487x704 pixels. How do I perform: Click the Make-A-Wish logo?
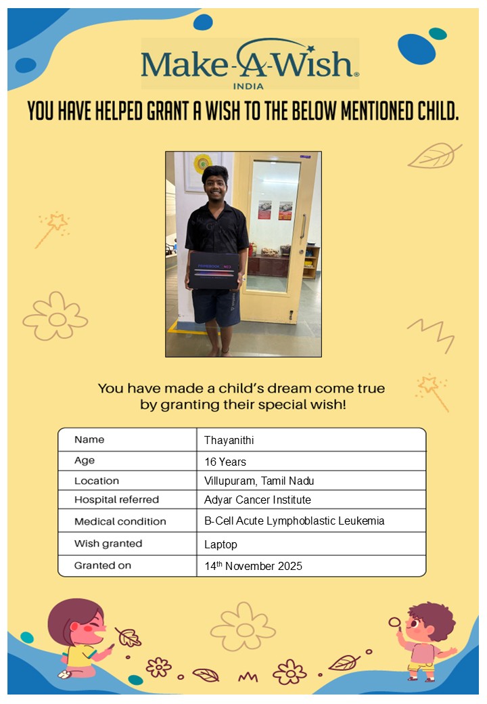pyautogui.click(x=250, y=64)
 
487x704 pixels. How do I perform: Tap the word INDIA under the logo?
pyautogui.click(x=248, y=86)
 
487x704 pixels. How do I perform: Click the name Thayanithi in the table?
pyautogui.click(x=229, y=441)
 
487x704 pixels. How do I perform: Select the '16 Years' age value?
pyautogui.click(x=225, y=462)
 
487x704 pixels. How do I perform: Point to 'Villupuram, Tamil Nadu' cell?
pyautogui.click(x=259, y=481)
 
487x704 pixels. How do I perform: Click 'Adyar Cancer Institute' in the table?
pyautogui.click(x=257, y=500)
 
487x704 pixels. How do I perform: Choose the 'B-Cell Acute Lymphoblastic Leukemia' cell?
pyautogui.click(x=294, y=522)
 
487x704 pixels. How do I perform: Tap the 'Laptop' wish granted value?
pyautogui.click(x=221, y=544)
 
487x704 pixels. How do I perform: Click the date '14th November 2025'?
pyautogui.click(x=253, y=566)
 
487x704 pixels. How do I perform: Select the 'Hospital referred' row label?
pyautogui.click(x=116, y=500)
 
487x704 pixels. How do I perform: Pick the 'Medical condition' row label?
pyautogui.click(x=120, y=522)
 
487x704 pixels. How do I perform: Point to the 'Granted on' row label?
pyautogui.click(x=103, y=565)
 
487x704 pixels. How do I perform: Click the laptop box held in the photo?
pyautogui.click(x=214, y=271)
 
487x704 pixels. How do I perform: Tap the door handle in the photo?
pyautogui.click(x=302, y=225)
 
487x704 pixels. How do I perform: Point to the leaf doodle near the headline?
pyautogui.click(x=434, y=156)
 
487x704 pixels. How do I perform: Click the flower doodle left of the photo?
pyautogui.click(x=55, y=316)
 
